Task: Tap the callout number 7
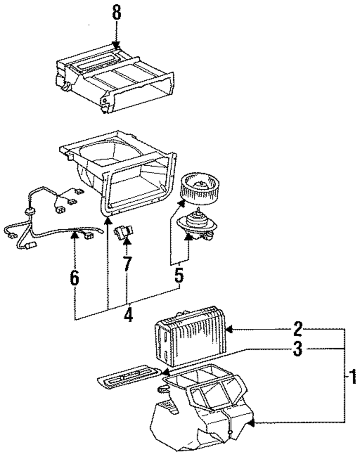[x=127, y=264]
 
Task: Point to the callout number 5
[x=179, y=275]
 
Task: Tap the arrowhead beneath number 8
[x=116, y=45]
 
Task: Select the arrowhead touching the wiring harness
[x=74, y=235]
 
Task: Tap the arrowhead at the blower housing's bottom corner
[x=108, y=220]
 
